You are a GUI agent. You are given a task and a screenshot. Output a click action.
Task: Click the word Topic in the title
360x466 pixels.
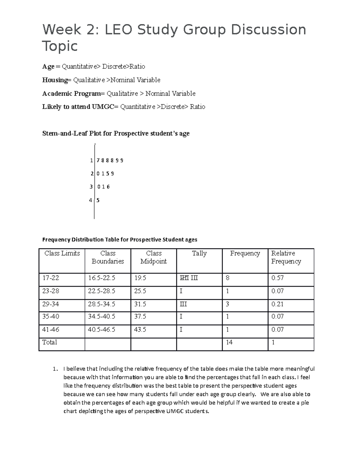[x=60, y=47]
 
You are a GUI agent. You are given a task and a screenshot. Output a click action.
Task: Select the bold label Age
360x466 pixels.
[x=48, y=67]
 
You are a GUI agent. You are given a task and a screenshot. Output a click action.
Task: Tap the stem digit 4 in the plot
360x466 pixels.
[x=91, y=200]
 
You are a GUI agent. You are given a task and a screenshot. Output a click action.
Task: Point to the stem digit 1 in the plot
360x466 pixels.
[x=91, y=161]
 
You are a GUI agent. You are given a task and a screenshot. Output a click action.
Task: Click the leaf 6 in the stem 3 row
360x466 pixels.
[x=108, y=187]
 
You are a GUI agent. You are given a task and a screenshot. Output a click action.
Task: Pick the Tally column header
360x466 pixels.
[x=199, y=254]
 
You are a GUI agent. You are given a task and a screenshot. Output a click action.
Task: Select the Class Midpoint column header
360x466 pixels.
[x=154, y=257]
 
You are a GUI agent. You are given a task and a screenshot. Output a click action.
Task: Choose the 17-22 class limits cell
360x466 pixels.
[x=51, y=278]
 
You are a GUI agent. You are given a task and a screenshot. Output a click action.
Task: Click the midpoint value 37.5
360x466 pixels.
[x=140, y=317]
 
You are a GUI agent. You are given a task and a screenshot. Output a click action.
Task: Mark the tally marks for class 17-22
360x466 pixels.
[x=189, y=278]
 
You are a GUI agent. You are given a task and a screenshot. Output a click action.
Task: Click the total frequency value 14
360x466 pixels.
[x=229, y=342]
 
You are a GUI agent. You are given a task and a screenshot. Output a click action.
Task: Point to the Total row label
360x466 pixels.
[x=49, y=342]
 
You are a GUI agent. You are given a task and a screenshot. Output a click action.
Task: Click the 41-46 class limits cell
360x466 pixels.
[x=51, y=330]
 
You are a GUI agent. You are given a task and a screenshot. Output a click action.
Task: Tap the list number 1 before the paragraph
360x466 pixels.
[x=54, y=369]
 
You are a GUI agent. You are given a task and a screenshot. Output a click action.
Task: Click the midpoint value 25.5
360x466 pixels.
[x=140, y=291]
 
